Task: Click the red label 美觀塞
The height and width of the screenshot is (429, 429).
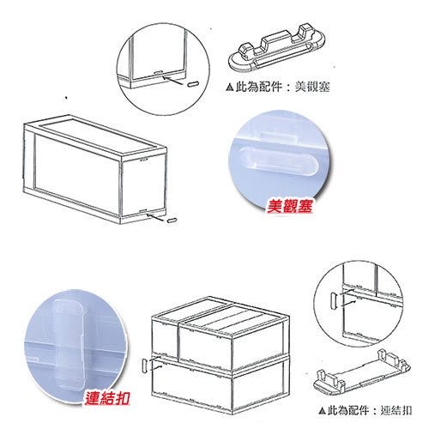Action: tap(289, 206)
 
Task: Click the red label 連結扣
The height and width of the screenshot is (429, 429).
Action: tap(107, 397)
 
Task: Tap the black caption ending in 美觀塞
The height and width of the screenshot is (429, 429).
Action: tap(277, 87)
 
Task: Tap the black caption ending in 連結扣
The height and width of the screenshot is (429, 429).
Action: tap(366, 411)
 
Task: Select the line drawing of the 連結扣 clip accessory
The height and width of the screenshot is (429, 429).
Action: tap(362, 372)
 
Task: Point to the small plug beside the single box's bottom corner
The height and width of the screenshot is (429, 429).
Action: tap(172, 221)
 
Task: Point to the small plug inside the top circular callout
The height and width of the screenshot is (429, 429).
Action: tap(192, 84)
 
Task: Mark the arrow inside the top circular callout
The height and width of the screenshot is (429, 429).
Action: tap(172, 80)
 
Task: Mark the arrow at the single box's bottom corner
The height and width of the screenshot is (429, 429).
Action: tap(156, 217)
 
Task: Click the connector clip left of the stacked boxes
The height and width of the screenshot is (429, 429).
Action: tap(145, 366)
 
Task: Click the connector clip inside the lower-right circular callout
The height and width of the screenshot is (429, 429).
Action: tap(334, 300)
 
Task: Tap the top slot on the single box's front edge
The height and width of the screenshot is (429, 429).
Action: tap(143, 160)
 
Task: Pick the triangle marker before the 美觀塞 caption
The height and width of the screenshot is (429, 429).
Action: tap(229, 87)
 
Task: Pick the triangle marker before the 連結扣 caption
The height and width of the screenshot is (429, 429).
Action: tap(322, 411)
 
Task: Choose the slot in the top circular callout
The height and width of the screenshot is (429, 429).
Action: tap(159, 72)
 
